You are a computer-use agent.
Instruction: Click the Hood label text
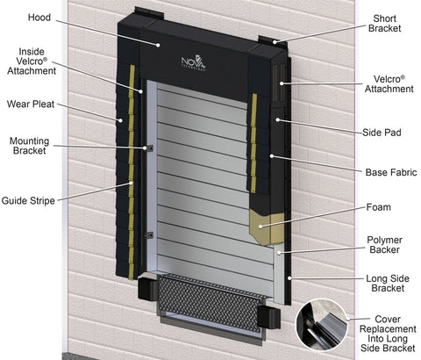click(39, 18)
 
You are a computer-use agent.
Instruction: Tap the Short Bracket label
click(384, 24)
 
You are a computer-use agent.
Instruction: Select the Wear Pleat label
click(31, 104)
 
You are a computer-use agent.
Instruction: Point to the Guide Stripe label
click(28, 201)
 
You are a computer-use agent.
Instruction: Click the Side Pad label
click(382, 133)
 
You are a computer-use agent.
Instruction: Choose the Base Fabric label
click(391, 172)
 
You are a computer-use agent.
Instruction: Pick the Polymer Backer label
click(384, 245)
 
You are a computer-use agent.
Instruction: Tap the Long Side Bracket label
click(388, 284)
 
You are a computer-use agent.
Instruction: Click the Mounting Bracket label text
click(29, 146)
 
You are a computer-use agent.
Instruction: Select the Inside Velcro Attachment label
click(32, 61)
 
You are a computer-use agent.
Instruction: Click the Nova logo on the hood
click(194, 62)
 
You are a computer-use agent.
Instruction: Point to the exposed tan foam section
click(267, 228)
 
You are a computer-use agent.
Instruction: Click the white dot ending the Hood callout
click(158, 45)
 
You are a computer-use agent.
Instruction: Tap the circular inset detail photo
click(321, 325)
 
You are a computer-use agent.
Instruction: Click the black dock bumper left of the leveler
click(148, 289)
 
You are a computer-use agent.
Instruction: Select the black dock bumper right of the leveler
click(268, 317)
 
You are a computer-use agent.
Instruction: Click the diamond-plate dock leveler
click(211, 303)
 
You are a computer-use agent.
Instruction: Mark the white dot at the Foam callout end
click(260, 227)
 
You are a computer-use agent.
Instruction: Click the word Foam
click(379, 207)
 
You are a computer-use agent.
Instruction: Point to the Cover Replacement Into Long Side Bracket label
click(388, 334)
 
